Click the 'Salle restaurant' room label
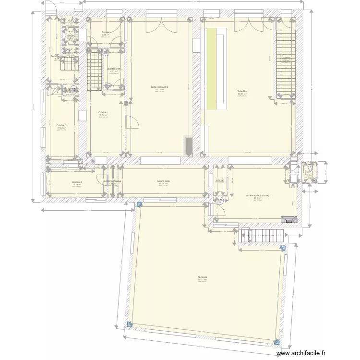pos(159,87)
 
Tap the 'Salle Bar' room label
pos(242,91)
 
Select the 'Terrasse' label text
pos(203,277)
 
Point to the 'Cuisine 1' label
pos(103,113)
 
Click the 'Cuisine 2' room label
pos(77,182)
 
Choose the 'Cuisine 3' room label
pos(61,125)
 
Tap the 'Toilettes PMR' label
pos(113,69)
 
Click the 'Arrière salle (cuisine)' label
pos(257,196)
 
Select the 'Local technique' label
pos(113,181)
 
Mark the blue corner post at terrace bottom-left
pos(129,324)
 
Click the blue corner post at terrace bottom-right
pos(276,342)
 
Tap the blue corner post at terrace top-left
pos(139,204)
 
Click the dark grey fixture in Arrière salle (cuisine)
pos(289,219)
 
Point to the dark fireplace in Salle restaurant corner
pos(188,146)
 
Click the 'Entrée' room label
pos(105,33)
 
